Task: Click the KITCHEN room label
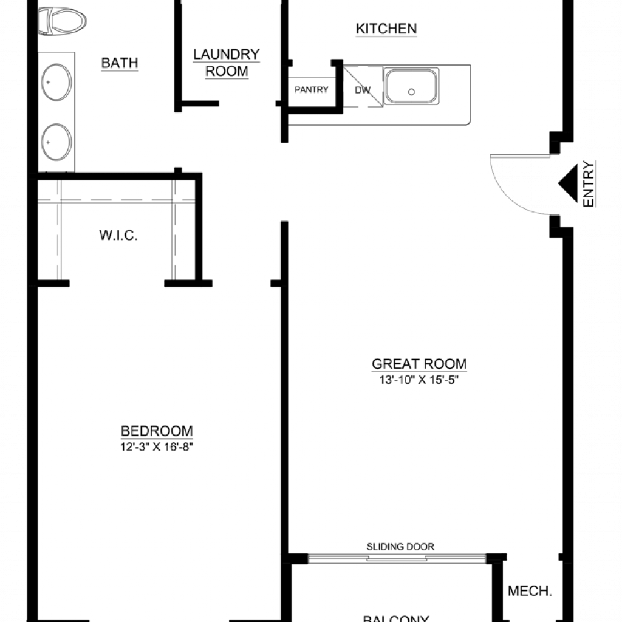click(386, 29)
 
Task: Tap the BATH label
click(120, 63)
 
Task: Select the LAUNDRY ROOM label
click(227, 63)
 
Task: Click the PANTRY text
click(312, 90)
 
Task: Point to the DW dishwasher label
click(363, 90)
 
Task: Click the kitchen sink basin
click(411, 86)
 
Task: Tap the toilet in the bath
click(63, 21)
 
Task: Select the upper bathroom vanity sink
click(56, 82)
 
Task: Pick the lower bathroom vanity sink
click(56, 142)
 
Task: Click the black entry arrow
click(568, 183)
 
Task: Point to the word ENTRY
click(589, 183)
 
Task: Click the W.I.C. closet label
click(118, 235)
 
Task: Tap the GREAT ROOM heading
click(419, 364)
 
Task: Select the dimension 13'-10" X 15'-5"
click(419, 380)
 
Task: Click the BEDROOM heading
click(157, 431)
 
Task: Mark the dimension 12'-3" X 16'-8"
click(157, 447)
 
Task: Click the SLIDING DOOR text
click(400, 547)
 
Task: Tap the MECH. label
click(530, 591)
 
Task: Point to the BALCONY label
click(396, 618)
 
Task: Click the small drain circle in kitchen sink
click(411, 92)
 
